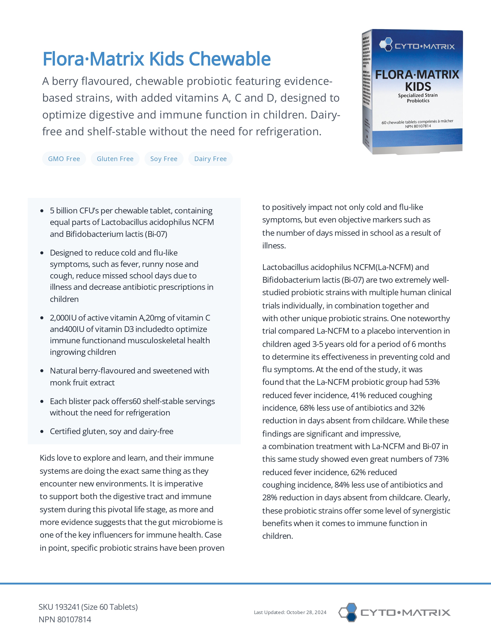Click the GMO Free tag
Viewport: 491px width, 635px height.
coord(64,159)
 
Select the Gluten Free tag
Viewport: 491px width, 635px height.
coord(115,159)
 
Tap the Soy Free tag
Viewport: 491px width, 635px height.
coord(164,159)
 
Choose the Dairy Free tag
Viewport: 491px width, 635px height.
coord(210,159)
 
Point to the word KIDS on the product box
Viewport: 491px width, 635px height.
coord(418,87)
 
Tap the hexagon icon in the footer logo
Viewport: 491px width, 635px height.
coord(348,612)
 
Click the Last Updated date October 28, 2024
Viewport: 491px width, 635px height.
coord(306,612)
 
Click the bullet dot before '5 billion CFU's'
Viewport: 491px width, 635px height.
coord(42,211)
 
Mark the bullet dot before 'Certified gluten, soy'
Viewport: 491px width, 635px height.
coord(42,431)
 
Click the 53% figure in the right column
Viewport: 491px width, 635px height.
coord(432,382)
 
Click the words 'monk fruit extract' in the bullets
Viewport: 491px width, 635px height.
coord(82,383)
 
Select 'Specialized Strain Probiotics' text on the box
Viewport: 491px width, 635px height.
coord(418,98)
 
